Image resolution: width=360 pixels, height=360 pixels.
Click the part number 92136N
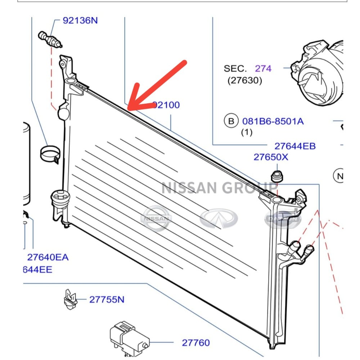[x=80, y=21]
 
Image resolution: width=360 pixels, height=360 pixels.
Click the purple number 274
[x=263, y=68]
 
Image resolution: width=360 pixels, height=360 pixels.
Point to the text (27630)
[x=245, y=80]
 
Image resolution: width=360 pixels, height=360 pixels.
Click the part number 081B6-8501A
[x=273, y=121]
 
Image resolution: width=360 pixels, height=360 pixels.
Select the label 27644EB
[x=295, y=146]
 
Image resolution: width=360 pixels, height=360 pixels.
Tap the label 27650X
[x=271, y=157]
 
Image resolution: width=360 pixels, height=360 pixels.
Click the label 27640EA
[x=48, y=257]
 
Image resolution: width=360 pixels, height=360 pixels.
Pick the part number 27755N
[x=107, y=300]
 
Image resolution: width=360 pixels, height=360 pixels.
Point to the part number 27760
[x=195, y=343]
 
